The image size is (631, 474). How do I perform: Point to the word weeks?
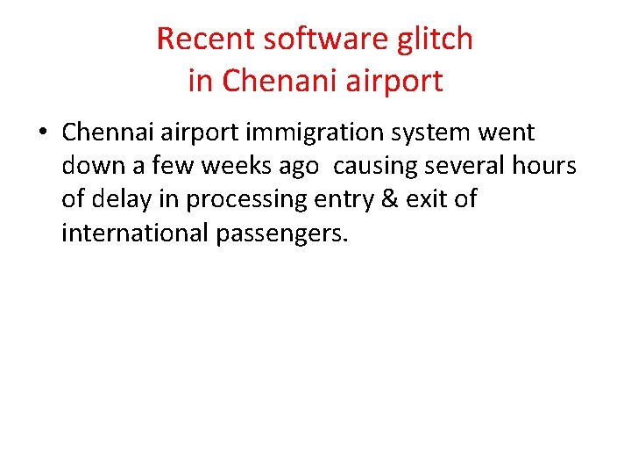(236, 166)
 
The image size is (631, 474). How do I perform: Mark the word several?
(469, 166)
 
